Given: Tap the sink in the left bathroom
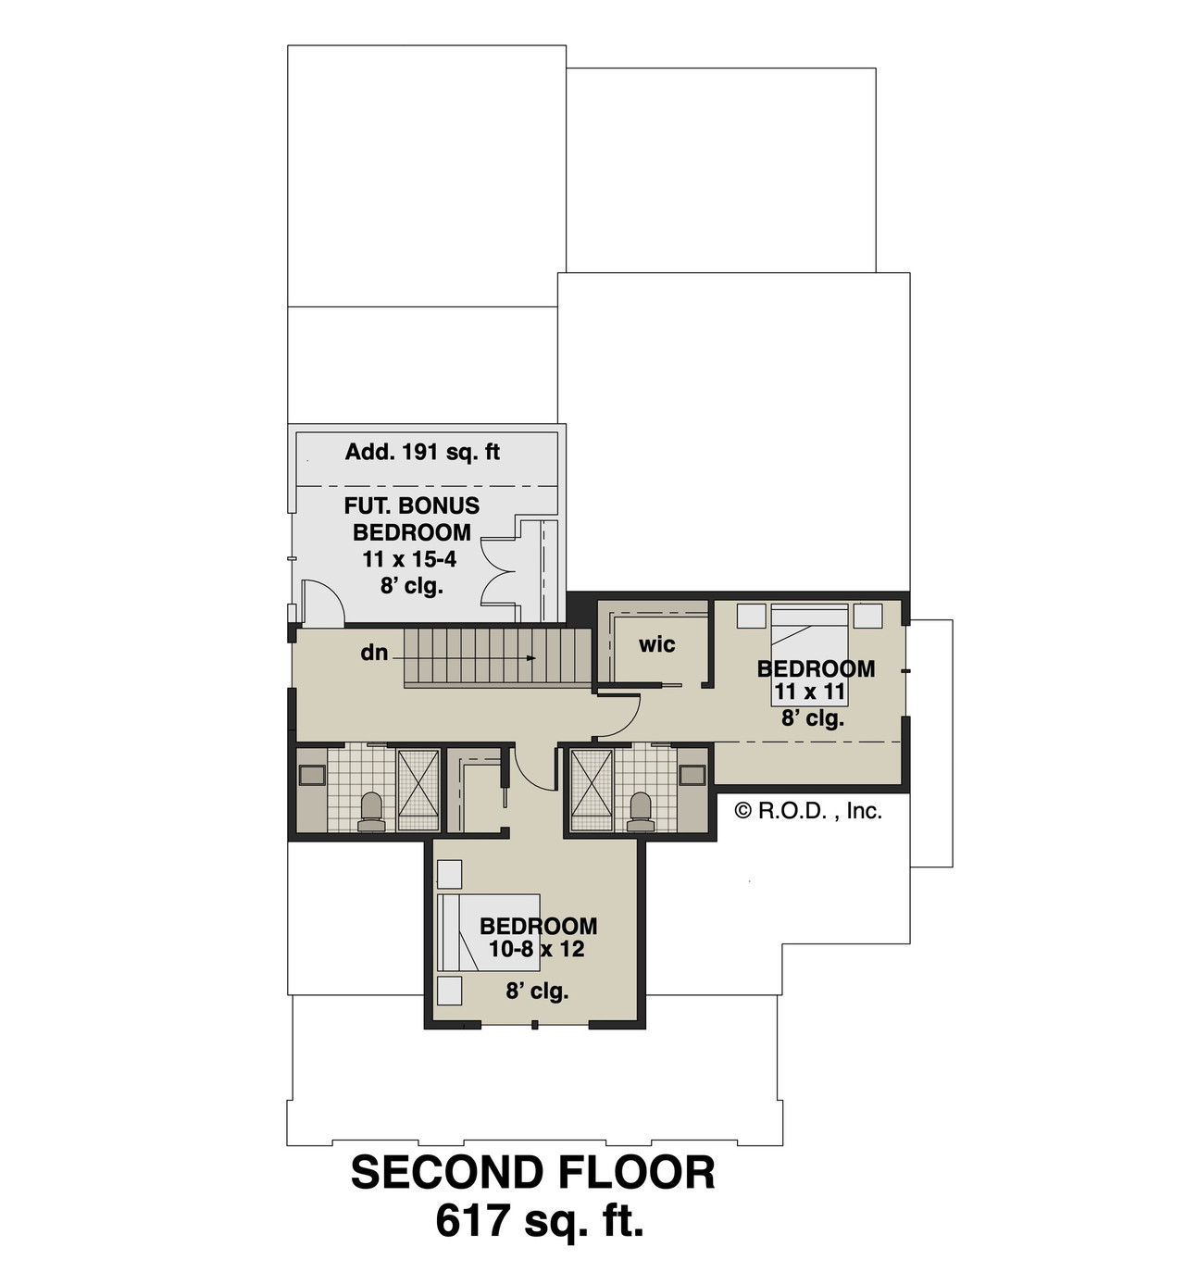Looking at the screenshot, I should click(x=312, y=776).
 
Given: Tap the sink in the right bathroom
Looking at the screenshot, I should click(x=692, y=776).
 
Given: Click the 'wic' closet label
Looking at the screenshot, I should click(x=656, y=644).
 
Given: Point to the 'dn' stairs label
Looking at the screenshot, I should click(x=374, y=653).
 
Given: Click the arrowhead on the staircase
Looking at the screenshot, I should click(x=531, y=658).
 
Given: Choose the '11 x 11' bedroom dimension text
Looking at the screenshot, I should click(x=812, y=692).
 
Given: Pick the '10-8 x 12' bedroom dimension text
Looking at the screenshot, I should click(x=537, y=950).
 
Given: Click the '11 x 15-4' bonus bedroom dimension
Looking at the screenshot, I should click(x=410, y=559).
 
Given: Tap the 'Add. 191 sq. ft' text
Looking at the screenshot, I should click(x=422, y=452).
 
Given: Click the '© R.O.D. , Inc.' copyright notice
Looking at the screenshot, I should click(x=807, y=812).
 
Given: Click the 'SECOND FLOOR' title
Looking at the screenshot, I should click(x=533, y=1174).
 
